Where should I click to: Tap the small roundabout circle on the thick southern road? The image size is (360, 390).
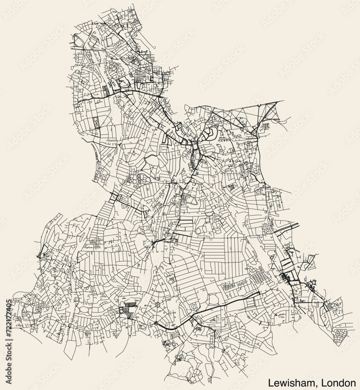pyautogui.click(x=156, y=323)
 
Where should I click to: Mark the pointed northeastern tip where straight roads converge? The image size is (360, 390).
pyautogui.click(x=277, y=102)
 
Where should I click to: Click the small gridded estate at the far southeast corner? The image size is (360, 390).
pyautogui.click(x=340, y=334)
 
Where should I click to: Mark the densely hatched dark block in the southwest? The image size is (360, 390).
pyautogui.click(x=128, y=310)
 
